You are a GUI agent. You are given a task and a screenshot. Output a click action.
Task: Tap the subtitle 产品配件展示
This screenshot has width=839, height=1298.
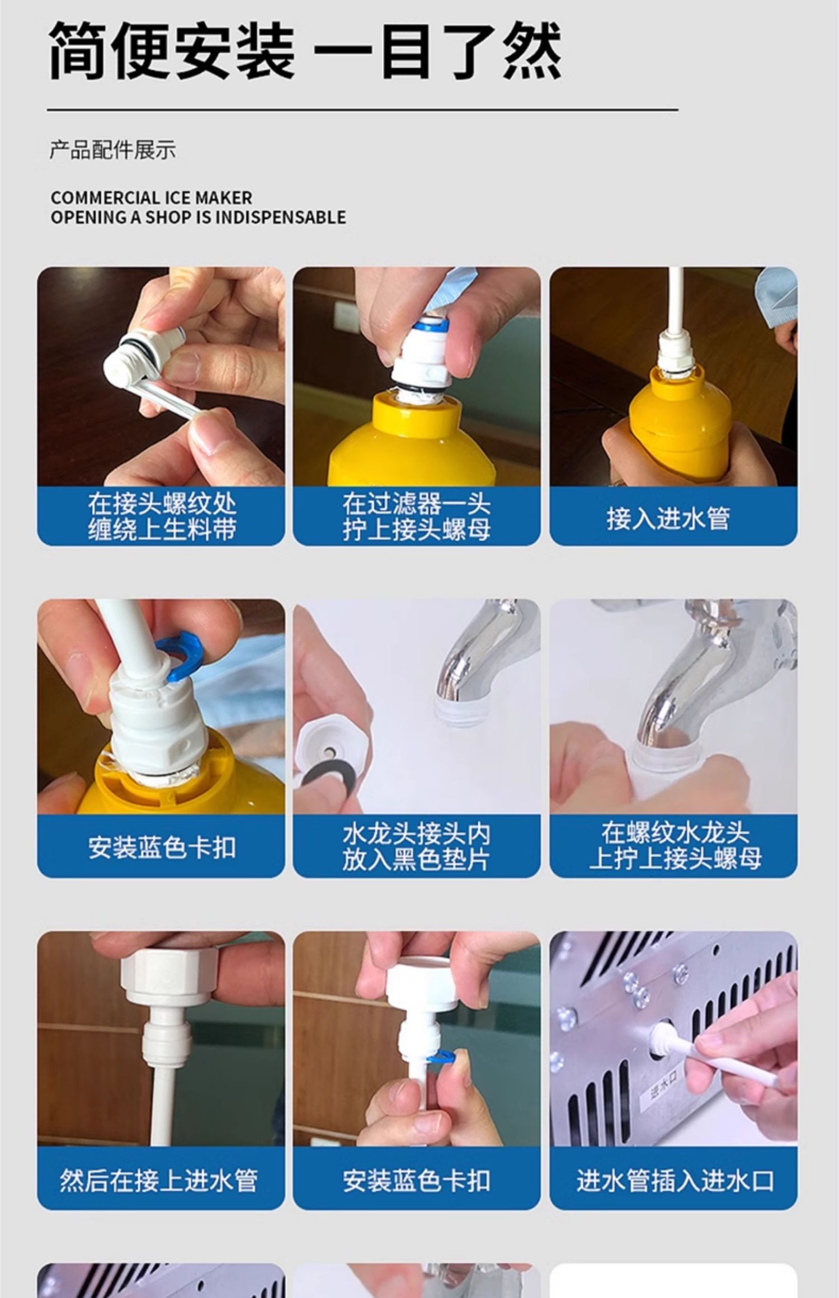coord(112,150)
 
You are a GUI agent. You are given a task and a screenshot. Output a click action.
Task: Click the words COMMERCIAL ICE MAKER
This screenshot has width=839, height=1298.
coord(151,197)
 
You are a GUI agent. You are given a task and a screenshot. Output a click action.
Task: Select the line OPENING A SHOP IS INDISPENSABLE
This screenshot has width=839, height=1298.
coord(198,217)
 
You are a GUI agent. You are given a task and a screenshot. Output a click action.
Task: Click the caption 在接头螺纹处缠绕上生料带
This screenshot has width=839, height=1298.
coord(162,517)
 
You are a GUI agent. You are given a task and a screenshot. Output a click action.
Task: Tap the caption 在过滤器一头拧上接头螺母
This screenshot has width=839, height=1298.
coord(417,517)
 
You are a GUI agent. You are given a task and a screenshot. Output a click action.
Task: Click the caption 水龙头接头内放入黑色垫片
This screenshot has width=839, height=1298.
coord(417,847)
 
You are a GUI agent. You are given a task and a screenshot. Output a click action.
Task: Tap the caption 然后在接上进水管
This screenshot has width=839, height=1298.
coord(159,1180)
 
